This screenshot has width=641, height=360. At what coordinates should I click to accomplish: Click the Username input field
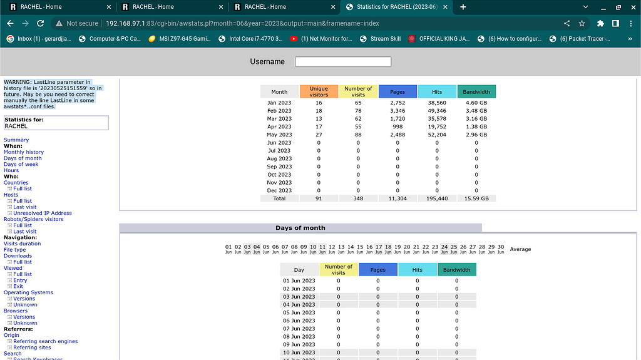(x=343, y=61)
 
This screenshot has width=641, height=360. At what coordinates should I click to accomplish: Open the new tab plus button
(x=463, y=7)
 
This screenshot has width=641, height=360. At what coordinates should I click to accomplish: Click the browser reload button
(x=40, y=23)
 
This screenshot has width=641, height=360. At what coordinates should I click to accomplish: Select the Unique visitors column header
(x=319, y=91)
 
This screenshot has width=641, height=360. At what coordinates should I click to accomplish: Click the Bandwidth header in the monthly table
(x=476, y=92)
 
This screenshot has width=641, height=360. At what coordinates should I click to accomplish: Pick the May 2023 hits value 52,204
(x=437, y=135)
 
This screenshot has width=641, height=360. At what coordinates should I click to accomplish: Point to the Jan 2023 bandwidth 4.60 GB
(x=476, y=102)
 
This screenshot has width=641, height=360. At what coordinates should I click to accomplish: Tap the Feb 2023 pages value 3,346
(x=397, y=110)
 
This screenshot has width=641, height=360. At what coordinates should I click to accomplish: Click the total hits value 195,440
(x=437, y=198)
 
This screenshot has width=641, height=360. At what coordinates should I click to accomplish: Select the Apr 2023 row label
(x=279, y=126)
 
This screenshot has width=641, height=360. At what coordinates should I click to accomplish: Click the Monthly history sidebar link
(x=24, y=152)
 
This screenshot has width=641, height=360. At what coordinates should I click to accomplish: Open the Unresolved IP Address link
(x=43, y=213)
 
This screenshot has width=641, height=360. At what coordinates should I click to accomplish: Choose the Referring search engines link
(x=46, y=341)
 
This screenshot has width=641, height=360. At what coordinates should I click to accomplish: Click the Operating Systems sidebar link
(x=28, y=292)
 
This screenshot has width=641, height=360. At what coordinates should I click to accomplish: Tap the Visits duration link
(x=22, y=244)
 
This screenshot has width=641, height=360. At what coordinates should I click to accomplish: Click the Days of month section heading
(x=300, y=228)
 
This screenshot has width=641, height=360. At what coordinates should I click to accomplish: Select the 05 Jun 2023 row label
(x=299, y=312)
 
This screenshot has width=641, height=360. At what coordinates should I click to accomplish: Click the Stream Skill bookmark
(x=385, y=39)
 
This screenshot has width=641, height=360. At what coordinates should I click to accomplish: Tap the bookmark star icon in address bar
(x=582, y=23)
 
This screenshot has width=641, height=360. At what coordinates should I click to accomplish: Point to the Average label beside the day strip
(x=520, y=249)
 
